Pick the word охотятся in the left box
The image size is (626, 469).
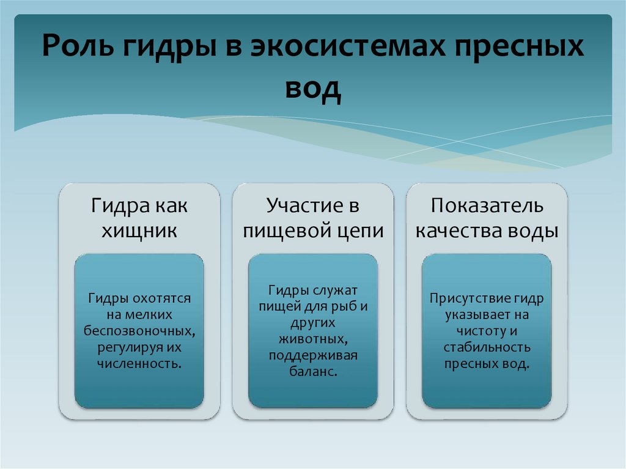161,298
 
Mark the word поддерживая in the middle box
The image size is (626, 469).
313,355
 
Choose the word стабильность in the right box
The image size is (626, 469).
487,347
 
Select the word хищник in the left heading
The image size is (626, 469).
139,231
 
